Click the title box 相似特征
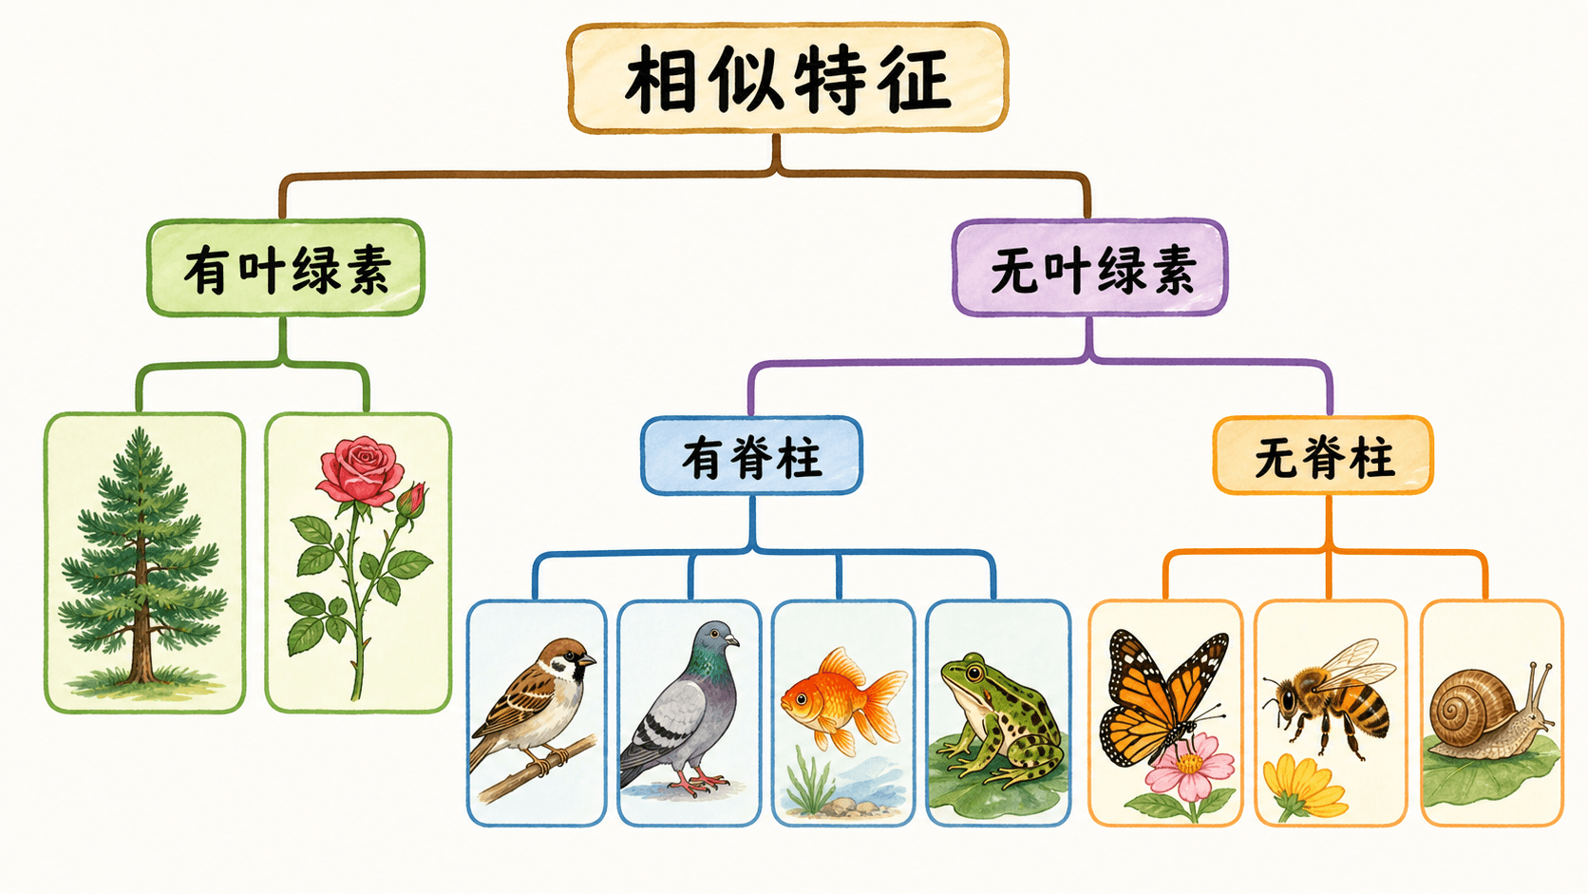click(x=787, y=77)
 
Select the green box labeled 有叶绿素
click(x=286, y=268)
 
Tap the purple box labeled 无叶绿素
click(x=1089, y=268)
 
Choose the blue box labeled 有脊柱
click(x=751, y=456)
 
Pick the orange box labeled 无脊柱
click(x=1323, y=456)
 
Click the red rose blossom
click(x=360, y=469)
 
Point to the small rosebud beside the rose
click(x=412, y=500)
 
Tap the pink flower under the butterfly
click(x=1190, y=766)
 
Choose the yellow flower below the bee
click(x=1303, y=784)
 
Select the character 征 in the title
click(x=915, y=78)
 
